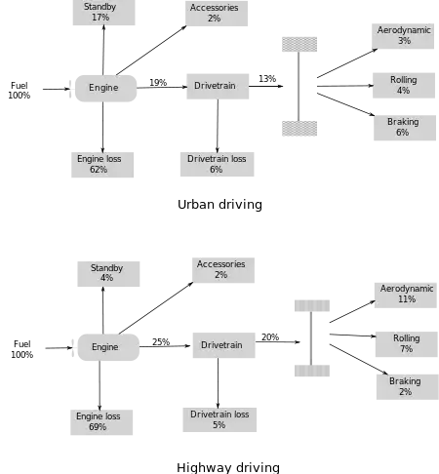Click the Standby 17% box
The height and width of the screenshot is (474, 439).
[x=103, y=13]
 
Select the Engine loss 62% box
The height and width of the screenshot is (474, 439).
[x=102, y=165]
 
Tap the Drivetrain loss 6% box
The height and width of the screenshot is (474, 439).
[x=218, y=164]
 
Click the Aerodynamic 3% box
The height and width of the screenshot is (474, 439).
[x=403, y=36]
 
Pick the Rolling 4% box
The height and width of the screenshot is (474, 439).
[x=404, y=86]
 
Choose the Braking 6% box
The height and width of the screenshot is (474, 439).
[x=405, y=128]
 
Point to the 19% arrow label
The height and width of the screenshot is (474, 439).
[x=158, y=83]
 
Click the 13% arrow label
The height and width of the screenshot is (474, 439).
[x=267, y=79]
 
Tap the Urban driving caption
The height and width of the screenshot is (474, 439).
[x=219, y=205]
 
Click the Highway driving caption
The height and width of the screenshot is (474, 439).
[x=228, y=468]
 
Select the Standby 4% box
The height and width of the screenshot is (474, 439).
[x=108, y=274]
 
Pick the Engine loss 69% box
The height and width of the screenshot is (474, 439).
[x=101, y=422]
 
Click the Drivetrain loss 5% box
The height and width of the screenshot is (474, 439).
[x=219, y=419]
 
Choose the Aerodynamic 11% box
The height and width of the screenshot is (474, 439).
[x=406, y=296]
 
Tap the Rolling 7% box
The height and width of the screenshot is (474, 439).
[x=407, y=344]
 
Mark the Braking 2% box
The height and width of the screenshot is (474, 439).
[x=408, y=387]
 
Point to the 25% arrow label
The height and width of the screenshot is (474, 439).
[x=161, y=342]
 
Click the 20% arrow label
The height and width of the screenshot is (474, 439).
[x=270, y=337]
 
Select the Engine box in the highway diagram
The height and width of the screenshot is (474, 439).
[x=108, y=347]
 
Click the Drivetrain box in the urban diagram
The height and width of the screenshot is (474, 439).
[x=218, y=86]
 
